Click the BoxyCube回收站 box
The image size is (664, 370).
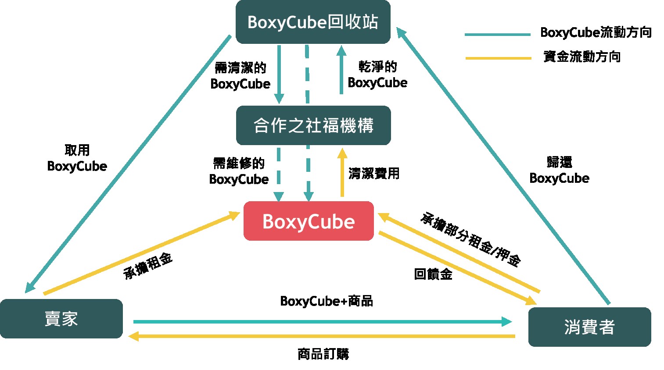[313, 22]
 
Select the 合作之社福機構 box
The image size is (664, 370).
[313, 125]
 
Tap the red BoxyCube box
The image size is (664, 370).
[309, 221]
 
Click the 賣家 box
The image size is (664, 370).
[61, 319]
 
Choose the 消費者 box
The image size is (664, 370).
[589, 327]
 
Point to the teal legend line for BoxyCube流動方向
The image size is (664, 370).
[497, 34]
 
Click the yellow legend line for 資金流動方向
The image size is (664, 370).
[498, 58]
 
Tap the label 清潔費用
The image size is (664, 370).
[374, 174]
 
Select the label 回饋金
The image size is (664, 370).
[433, 274]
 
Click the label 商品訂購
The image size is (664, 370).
[323, 354]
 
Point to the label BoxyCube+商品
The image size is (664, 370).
[327, 301]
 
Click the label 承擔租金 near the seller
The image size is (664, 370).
[148, 266]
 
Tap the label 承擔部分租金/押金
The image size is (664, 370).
[471, 239]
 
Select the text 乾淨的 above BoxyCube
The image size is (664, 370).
[378, 67]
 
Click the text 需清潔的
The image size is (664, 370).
[240, 68]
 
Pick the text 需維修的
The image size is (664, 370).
[239, 164]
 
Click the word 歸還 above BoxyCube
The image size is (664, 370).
[559, 162]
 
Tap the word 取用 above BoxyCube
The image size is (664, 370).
[77, 150]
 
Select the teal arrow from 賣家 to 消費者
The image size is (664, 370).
[323, 322]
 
